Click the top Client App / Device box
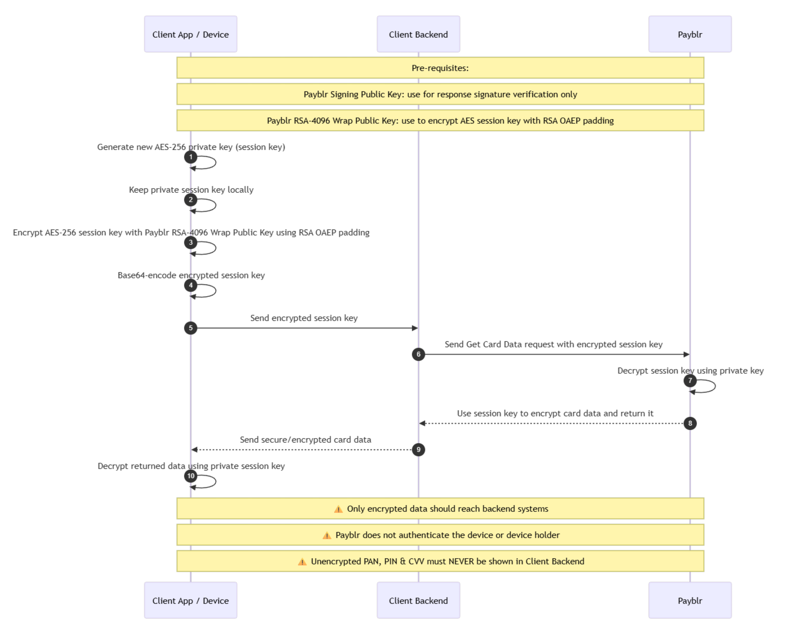click(190, 34)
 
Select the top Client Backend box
click(418, 34)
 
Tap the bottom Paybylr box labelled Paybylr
click(690, 600)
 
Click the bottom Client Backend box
click(418, 600)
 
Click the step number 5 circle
click(190, 328)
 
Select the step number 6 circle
click(418, 354)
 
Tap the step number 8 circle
click(690, 423)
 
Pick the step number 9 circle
click(418, 449)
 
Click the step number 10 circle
click(190, 476)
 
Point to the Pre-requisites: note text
click(440, 68)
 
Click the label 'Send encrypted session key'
click(304, 318)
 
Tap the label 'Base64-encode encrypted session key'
click(191, 275)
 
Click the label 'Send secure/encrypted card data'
click(305, 440)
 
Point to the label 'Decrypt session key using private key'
click(690, 371)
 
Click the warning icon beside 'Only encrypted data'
click(338, 509)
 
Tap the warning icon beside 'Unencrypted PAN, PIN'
click(302, 562)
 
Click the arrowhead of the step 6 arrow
click(687, 354)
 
